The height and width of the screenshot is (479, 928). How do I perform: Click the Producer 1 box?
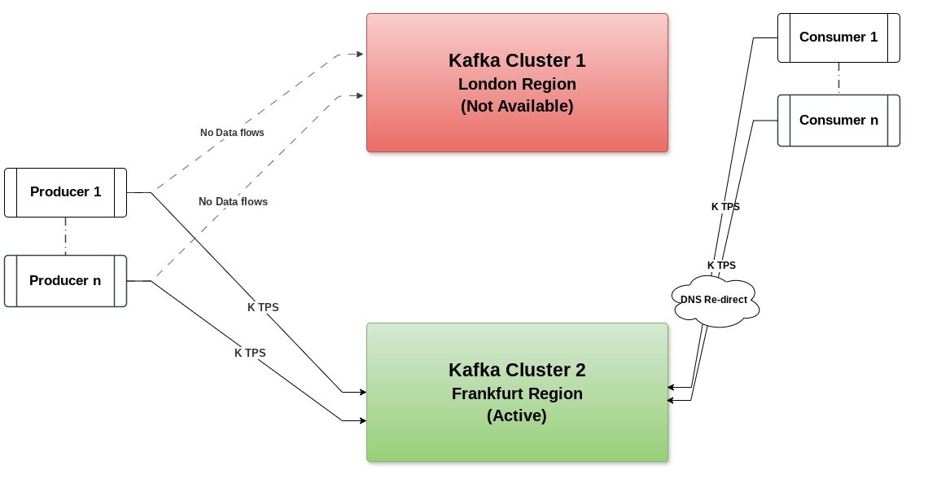(66, 192)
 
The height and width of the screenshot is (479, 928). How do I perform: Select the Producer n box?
(66, 281)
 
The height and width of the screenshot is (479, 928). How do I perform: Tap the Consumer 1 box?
(838, 37)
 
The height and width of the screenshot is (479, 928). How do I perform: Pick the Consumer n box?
(838, 121)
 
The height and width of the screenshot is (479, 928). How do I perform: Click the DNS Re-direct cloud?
(715, 300)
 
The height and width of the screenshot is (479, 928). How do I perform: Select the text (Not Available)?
(517, 106)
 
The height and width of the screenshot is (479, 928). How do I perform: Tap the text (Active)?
(517, 415)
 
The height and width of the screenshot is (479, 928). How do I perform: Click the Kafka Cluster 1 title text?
(517, 60)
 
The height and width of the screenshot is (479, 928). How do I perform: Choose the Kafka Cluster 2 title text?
(517, 370)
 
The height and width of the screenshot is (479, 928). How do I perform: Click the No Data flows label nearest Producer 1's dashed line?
(232, 133)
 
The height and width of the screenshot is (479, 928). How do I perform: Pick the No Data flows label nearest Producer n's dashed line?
(233, 202)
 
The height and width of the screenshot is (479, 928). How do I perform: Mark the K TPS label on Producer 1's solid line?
(263, 307)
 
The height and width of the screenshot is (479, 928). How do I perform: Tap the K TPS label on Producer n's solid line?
(250, 353)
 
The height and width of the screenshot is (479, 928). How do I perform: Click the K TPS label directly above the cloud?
(721, 266)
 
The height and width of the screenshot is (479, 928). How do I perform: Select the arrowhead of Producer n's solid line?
(363, 421)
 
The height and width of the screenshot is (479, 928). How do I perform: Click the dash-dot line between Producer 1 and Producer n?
(66, 236)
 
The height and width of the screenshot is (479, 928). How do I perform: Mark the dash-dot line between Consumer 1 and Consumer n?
(838, 79)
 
